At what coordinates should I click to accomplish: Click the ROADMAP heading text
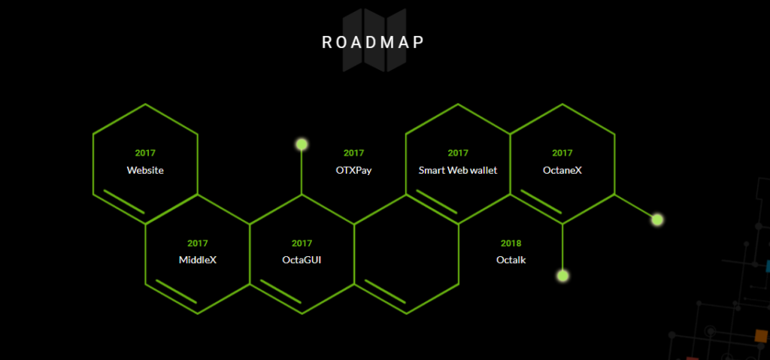point(373,43)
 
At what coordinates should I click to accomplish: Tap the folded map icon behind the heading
point(374,41)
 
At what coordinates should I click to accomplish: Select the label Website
point(145,171)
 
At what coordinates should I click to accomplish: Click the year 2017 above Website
point(145,153)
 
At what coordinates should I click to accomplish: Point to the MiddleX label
point(198,260)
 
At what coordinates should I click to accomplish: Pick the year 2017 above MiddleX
point(198,243)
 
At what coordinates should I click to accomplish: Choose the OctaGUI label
point(302,260)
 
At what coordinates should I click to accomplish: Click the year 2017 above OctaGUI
point(302,243)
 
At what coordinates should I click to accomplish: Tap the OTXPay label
point(353,171)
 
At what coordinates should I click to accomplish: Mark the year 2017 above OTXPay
point(353,153)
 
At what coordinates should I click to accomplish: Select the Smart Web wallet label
point(458,171)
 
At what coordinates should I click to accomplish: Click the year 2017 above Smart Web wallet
point(458,153)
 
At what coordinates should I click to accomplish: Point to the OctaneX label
point(562,171)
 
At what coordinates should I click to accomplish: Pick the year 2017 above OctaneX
point(562,153)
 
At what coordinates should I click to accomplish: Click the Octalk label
point(511,260)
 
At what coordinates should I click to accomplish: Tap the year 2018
point(511,243)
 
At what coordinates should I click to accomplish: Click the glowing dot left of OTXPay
point(302,144)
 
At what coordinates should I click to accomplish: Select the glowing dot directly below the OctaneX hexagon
point(562,276)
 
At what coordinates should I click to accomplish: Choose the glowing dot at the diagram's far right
point(657,219)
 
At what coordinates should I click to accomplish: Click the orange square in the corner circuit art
point(761,336)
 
